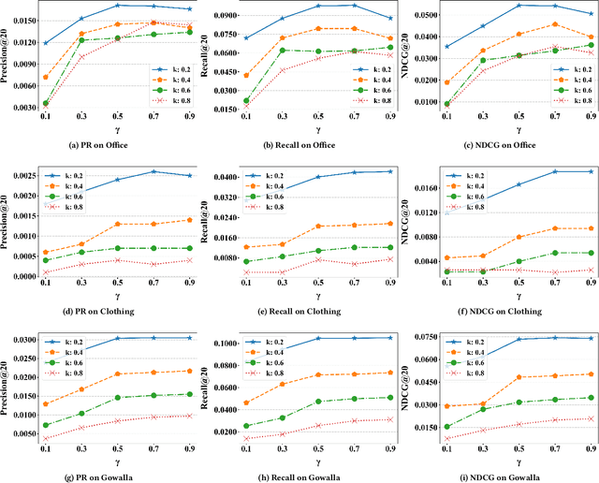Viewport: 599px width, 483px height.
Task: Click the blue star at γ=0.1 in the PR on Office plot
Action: pos(46,43)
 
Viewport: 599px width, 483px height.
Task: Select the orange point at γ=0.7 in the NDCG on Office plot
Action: pos(555,24)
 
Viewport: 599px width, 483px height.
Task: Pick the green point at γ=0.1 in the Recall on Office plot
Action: pos(246,100)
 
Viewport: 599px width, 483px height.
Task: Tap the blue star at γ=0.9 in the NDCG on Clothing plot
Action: pos(589,171)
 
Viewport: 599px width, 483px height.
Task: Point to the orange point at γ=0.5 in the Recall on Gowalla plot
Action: pos(318,374)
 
